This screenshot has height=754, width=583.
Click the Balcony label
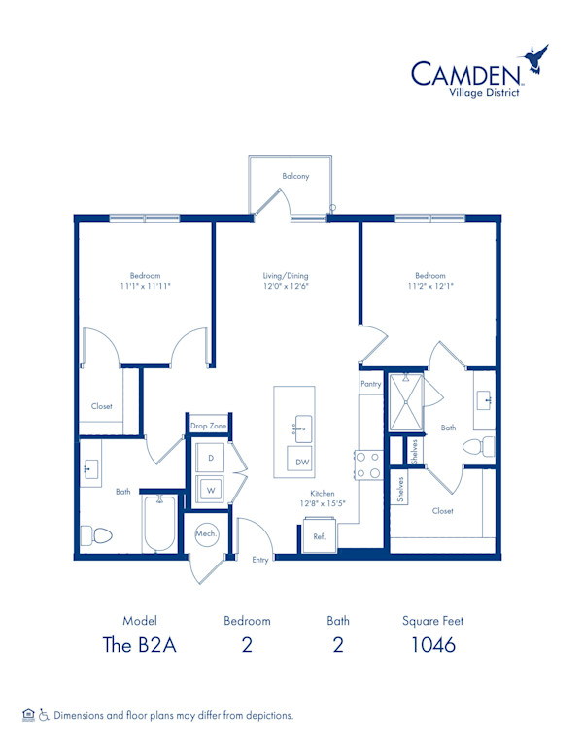pyautogui.click(x=295, y=176)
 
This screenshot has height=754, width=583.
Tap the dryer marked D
pyautogui.click(x=210, y=458)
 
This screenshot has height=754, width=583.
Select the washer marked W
pyautogui.click(x=210, y=490)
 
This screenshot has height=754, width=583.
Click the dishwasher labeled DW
pyautogui.click(x=300, y=461)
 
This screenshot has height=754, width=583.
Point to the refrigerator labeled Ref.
pyautogui.click(x=319, y=535)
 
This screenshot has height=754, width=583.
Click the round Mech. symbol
pyautogui.click(x=206, y=533)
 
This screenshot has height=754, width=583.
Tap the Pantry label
pyautogui.click(x=371, y=384)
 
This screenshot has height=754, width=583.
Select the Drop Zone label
pyautogui.click(x=208, y=426)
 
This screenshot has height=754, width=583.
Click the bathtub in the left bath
pyautogui.click(x=159, y=524)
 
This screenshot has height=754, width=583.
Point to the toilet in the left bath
pyautogui.click(x=96, y=535)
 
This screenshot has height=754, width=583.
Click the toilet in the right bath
pyautogui.click(x=479, y=447)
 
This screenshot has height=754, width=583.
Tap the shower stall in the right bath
pyautogui.click(x=406, y=401)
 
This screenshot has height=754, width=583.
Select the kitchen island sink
pyautogui.click(x=302, y=428)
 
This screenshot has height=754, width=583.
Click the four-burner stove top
pyautogui.click(x=368, y=464)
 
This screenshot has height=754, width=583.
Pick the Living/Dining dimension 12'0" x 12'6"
pyautogui.click(x=286, y=286)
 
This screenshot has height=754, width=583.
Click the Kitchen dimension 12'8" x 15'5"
pyautogui.click(x=323, y=503)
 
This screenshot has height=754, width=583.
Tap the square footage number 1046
pyautogui.click(x=433, y=645)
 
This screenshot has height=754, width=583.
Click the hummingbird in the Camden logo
pyautogui.click(x=534, y=58)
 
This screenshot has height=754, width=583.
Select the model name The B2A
pyautogui.click(x=140, y=645)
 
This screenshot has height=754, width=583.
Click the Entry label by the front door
pyautogui.click(x=260, y=560)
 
